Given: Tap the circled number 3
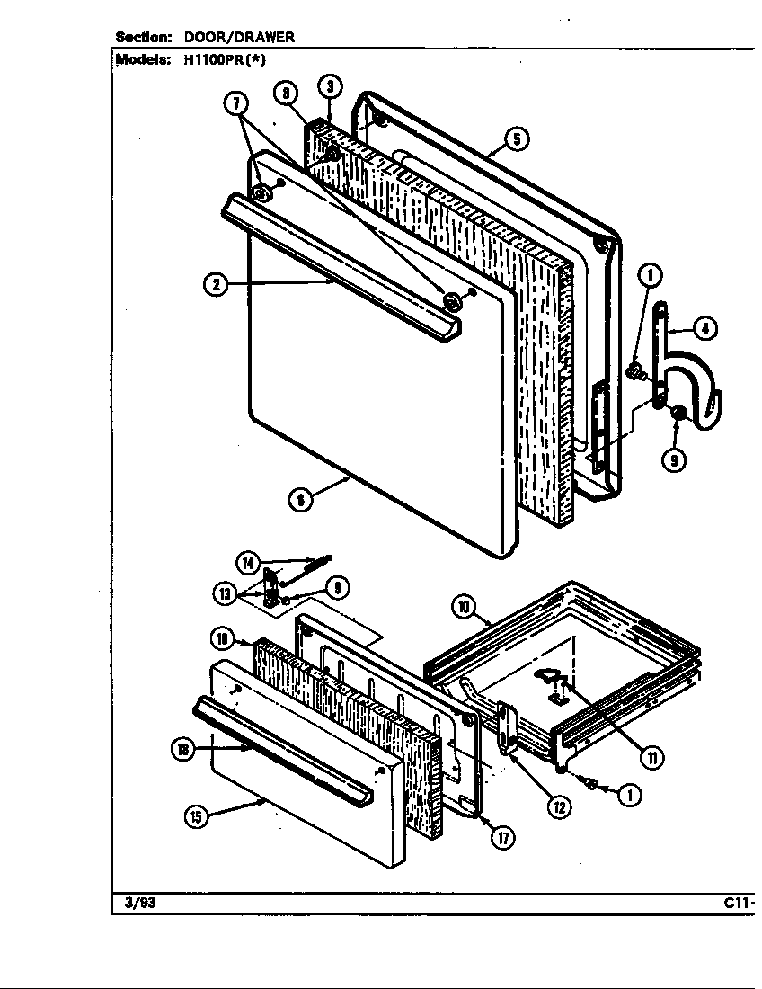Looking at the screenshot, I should pyautogui.click(x=331, y=86).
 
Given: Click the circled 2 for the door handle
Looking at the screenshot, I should pyautogui.click(x=215, y=285).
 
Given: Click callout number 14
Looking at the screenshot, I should pyautogui.click(x=248, y=563).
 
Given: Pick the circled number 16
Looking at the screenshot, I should pyautogui.click(x=224, y=639).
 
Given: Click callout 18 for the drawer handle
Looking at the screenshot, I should pyautogui.click(x=183, y=751).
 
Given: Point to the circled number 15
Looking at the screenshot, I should pyautogui.click(x=196, y=816).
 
